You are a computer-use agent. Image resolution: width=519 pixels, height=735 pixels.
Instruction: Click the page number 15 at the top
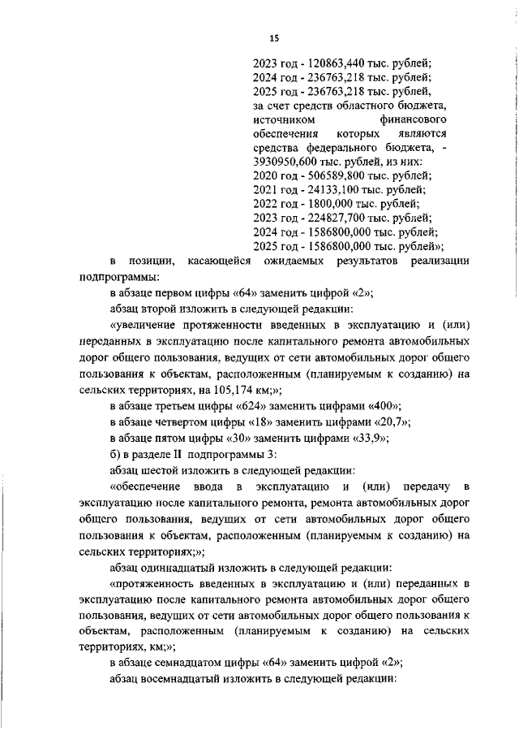click(x=274, y=37)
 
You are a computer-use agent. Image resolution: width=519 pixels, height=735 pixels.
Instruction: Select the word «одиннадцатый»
click(x=183, y=566)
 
